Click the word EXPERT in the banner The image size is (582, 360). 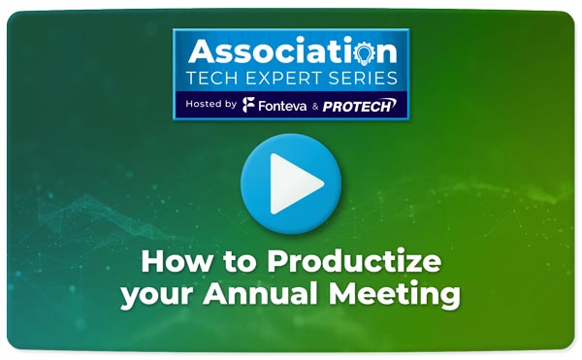pyautogui.click(x=283, y=78)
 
